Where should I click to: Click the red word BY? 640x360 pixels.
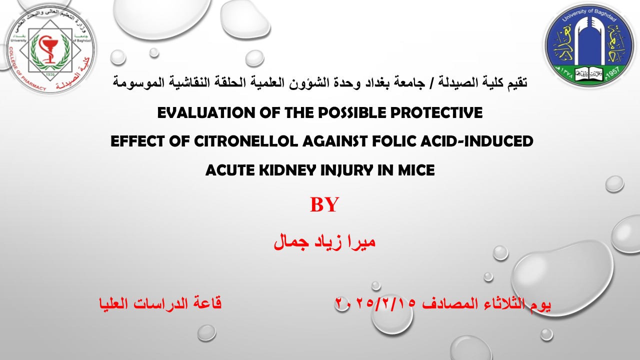324,204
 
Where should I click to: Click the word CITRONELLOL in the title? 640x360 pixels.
245,141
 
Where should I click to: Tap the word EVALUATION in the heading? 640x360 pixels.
206,112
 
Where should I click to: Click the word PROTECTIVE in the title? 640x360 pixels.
436,112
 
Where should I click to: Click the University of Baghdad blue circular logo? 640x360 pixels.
589,45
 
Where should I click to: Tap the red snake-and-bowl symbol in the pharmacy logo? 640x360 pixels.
48,49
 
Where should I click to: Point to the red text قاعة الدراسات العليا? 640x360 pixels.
160,303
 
